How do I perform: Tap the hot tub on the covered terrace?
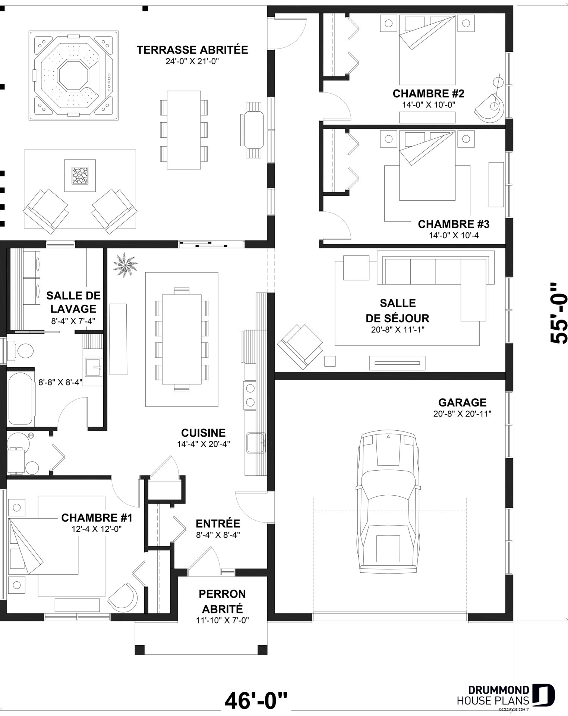pyautogui.click(x=74, y=76)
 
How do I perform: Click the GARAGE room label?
pyautogui.click(x=462, y=403)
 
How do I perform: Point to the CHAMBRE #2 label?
pyautogui.click(x=429, y=93)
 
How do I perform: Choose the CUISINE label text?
pyautogui.click(x=203, y=433)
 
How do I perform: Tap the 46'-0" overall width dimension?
pyautogui.click(x=256, y=700)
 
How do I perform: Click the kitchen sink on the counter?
pyautogui.click(x=255, y=443)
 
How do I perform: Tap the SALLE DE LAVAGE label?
pyautogui.click(x=73, y=302)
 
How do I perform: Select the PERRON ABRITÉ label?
pyautogui.click(x=223, y=601)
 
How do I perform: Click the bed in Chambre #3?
pyautogui.click(x=427, y=165)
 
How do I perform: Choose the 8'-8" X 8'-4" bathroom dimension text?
pyautogui.click(x=60, y=382)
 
